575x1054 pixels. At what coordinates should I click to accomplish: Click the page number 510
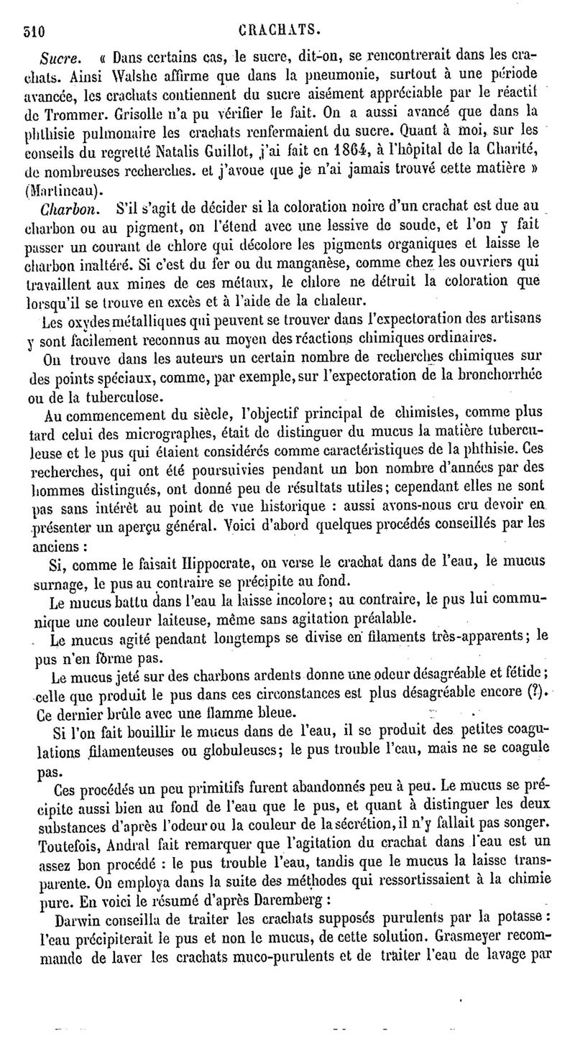(x=34, y=31)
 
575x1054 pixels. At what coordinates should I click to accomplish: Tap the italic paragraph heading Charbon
(x=69, y=210)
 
